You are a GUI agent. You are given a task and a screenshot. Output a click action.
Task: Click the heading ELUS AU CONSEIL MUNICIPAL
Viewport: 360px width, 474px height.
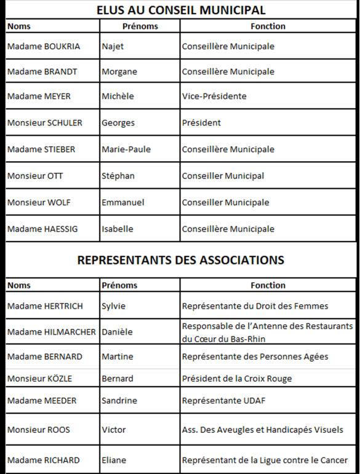[x=181, y=10]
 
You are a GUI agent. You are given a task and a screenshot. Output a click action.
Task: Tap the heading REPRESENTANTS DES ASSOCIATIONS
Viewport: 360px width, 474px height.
[x=181, y=260]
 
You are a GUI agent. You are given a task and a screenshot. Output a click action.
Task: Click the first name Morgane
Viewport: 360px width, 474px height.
[x=119, y=71]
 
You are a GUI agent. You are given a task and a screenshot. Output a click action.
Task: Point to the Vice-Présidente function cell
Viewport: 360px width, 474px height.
[x=214, y=96]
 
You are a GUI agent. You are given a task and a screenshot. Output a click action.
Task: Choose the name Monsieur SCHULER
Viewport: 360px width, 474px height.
[x=45, y=122]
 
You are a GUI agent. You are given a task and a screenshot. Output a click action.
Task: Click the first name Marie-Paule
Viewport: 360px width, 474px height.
[x=126, y=149]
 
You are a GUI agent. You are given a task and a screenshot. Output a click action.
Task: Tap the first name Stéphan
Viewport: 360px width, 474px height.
[x=118, y=176]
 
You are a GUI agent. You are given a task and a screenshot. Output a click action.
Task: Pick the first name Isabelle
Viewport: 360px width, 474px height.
[x=118, y=229]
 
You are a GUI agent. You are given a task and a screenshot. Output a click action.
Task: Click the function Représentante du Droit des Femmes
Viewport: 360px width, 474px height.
[x=255, y=306]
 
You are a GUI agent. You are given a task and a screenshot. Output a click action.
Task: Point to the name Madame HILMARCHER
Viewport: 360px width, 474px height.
[x=52, y=332]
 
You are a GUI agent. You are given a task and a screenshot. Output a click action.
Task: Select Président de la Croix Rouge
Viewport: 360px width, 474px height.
[x=237, y=378]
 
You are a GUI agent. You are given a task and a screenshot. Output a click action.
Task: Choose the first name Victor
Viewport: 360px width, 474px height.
[x=114, y=430]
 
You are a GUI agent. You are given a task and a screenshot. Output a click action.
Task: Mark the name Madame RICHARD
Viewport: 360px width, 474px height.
[x=43, y=460]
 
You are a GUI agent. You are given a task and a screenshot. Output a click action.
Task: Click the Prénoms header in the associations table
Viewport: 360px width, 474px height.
[x=119, y=285]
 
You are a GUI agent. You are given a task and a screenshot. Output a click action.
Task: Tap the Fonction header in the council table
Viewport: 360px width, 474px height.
[x=268, y=26]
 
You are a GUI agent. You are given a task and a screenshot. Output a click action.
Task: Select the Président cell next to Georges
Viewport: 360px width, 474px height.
[x=201, y=122]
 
